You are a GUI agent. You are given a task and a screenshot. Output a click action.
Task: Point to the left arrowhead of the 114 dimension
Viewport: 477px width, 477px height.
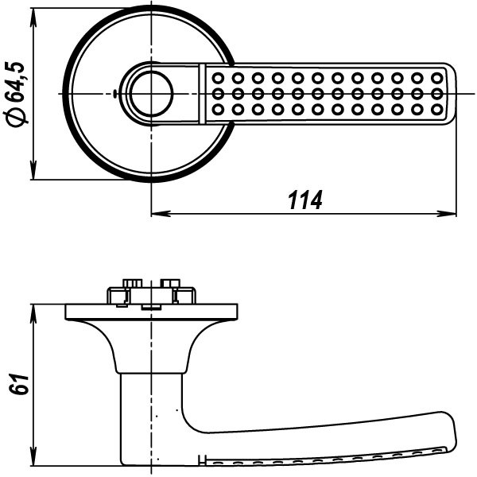click(x=157, y=213)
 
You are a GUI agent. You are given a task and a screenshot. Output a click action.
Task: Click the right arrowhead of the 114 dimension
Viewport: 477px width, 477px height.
click(x=451, y=213)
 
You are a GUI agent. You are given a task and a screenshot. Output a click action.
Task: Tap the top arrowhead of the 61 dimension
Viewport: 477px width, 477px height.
click(x=33, y=311)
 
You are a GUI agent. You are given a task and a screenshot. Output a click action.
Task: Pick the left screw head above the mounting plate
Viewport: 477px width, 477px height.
click(x=131, y=283)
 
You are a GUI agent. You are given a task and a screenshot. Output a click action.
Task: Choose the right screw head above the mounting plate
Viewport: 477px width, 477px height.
click(x=170, y=283)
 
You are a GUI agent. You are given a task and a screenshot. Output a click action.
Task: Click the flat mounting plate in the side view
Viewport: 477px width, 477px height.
click(x=151, y=311)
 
